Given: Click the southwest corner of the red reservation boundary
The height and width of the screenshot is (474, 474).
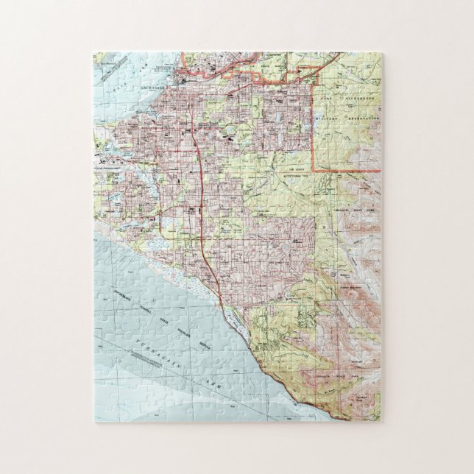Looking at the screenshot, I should [x=314, y=170].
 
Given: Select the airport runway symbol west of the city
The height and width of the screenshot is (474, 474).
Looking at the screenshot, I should [x=110, y=158].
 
